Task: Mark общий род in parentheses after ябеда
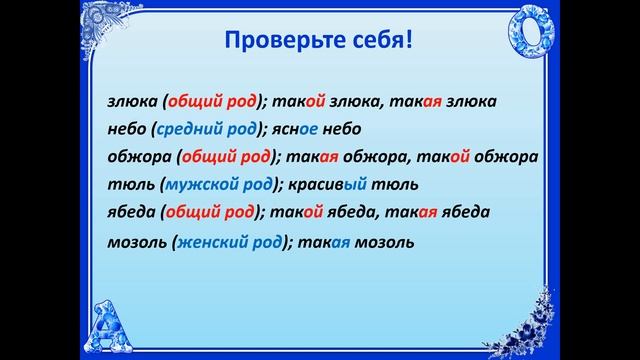click(210, 212)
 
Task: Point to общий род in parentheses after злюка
click(217, 102)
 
